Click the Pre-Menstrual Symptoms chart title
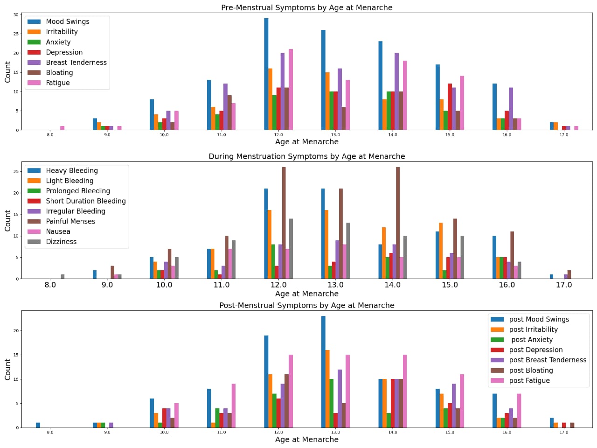[x=306, y=7]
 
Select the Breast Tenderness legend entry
[x=76, y=63]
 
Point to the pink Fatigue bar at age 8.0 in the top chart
[x=62, y=128]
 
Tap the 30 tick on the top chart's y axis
[x=16, y=15]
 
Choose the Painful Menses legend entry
[x=70, y=221]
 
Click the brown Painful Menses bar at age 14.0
[x=398, y=223]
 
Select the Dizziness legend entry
[x=61, y=242]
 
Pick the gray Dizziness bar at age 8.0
[x=62, y=277]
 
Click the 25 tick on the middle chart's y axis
[x=15, y=172]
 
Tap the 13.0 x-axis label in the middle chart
[x=335, y=285]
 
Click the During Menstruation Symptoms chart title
[x=306, y=156]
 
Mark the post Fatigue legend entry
[x=529, y=380]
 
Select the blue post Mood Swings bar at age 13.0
[x=323, y=372]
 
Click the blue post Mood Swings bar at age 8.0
[x=38, y=425]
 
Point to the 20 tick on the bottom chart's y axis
[x=16, y=331]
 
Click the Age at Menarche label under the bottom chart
[x=306, y=439]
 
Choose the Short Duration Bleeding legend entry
[x=86, y=201]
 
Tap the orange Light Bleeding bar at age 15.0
[x=441, y=251]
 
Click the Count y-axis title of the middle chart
[x=7, y=220]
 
